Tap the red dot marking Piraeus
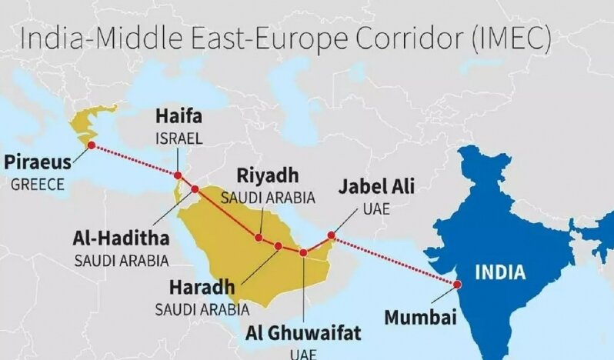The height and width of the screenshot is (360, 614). pos(92,145)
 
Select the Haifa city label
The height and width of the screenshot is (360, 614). pos(179,118)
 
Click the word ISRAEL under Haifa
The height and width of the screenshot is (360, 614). pos(179,139)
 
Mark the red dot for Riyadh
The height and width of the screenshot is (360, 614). pos(259,238)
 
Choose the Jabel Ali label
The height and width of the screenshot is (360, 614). pos(377,187)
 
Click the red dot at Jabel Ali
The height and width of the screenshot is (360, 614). pos(332,235)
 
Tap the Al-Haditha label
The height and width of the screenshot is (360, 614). pos(121,237)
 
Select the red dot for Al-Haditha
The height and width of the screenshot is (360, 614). pos(195,188)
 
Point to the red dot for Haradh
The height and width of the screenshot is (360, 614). pos(279,246)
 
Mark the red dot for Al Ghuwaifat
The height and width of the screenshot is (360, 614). pos(304,252)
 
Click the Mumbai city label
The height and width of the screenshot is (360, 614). pos(420,317)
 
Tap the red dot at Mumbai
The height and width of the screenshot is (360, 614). pos(457,283)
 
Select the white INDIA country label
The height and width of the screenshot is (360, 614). pos(499,272)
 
